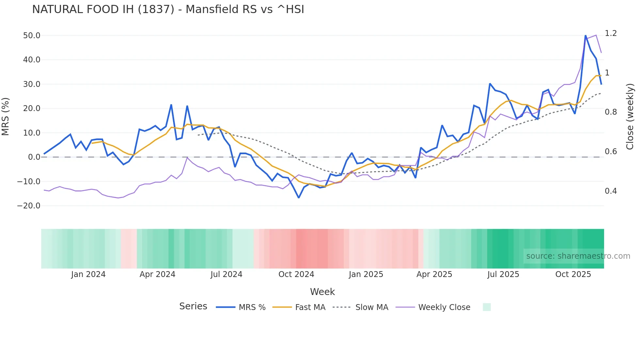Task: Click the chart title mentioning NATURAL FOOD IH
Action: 168,9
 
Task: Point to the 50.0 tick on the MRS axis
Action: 31,36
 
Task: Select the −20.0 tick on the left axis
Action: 29,206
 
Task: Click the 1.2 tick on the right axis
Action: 611,33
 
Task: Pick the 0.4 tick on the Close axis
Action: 611,191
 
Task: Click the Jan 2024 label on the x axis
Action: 88,274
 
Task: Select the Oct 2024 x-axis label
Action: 296,274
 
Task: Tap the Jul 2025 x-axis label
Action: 503,274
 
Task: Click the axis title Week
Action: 322,292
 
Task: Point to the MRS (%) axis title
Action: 6,117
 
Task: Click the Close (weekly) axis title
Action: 630,117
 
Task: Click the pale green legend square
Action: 487,307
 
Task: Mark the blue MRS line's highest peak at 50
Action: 585,36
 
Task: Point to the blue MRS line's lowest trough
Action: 298,198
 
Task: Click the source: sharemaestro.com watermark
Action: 578,256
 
